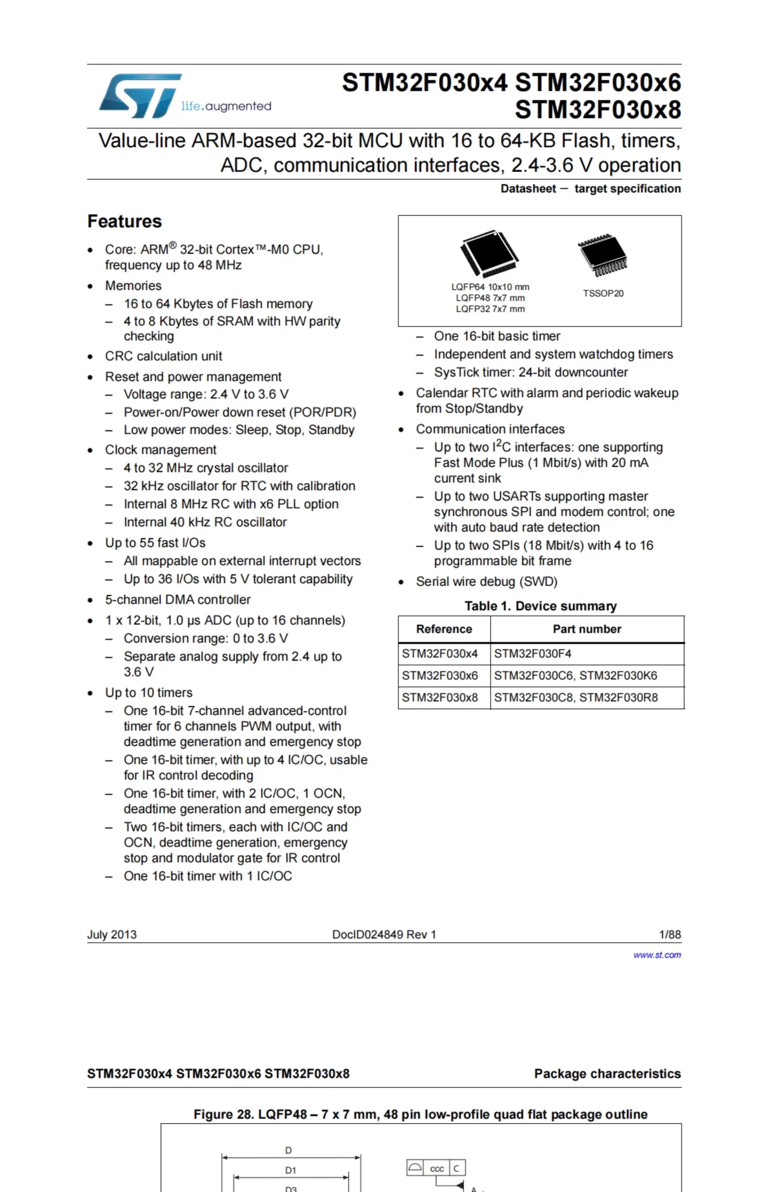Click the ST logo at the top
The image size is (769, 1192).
coord(140,96)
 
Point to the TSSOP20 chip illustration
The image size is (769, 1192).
coord(603,255)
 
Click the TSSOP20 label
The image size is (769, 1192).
coord(603,293)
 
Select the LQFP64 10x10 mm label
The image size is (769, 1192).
coord(490,287)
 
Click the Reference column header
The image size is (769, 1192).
coord(444,629)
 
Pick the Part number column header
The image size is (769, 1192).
coord(587,629)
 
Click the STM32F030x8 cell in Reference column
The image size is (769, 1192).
coord(440,698)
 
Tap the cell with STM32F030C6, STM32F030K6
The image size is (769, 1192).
coord(575,676)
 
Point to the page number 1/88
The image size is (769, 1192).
coord(669,935)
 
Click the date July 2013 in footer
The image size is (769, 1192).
coord(112,935)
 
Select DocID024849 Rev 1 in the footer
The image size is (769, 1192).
coord(384,935)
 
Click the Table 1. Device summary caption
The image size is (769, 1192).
coord(540,606)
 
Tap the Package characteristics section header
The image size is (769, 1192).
coord(607,1074)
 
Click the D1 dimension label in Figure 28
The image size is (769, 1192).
coord(290,1171)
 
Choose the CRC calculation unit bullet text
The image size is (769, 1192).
coord(163,356)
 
